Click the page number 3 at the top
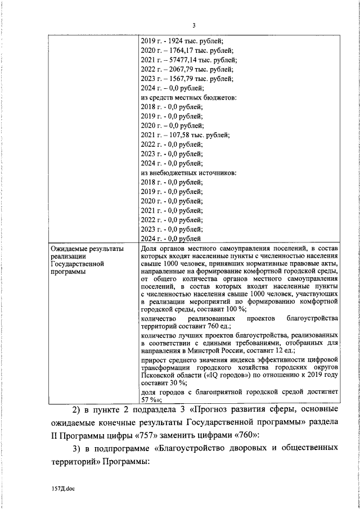click(193, 25)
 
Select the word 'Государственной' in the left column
click(76, 264)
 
